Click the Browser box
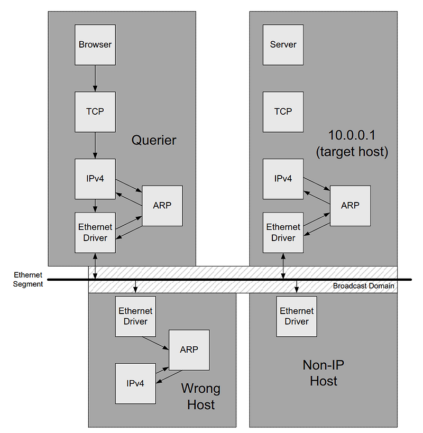[95, 45]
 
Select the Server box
[283, 45]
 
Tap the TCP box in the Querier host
[95, 112]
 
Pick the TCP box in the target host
[283, 112]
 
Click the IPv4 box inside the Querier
[95, 179]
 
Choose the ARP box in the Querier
[162, 206]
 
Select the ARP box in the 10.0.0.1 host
[350, 206]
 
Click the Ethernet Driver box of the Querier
[95, 233]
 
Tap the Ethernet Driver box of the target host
[283, 233]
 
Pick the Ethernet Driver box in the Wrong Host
[135, 316]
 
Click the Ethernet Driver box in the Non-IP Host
[297, 316]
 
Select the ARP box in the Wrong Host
[189, 350]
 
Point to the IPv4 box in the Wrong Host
[135, 383]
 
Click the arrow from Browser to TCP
[95, 78]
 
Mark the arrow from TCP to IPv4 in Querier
[95, 145]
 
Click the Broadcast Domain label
[363, 286]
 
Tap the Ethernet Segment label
[29, 280]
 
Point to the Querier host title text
[154, 140]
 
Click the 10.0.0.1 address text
[352, 135]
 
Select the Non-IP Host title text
[324, 373]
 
